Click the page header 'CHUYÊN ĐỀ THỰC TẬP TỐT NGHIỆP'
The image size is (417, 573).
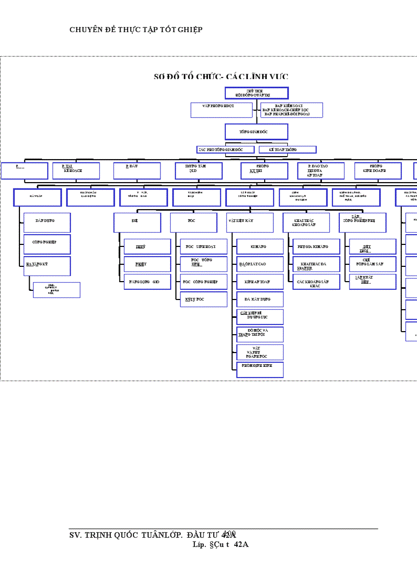point(136,30)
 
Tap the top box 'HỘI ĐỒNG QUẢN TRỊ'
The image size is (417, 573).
point(257,93)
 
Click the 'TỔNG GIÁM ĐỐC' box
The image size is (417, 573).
point(256,132)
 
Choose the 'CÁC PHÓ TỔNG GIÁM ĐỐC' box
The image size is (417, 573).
point(226,150)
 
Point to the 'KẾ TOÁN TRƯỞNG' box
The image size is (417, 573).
point(287,150)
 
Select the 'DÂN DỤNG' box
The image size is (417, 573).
point(47,222)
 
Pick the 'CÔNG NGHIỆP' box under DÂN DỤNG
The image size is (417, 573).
point(47,244)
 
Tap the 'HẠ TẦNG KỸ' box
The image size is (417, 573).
point(47,266)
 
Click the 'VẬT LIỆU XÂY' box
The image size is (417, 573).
point(250,222)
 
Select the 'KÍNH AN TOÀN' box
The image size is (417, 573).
point(260,282)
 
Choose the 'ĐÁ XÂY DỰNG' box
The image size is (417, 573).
point(260,299)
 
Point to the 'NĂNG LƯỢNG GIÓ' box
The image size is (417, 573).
point(147,282)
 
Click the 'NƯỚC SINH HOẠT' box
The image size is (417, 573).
point(203,246)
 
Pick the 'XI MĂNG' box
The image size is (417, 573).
point(260,246)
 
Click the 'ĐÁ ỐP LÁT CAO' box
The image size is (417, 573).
point(260,264)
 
